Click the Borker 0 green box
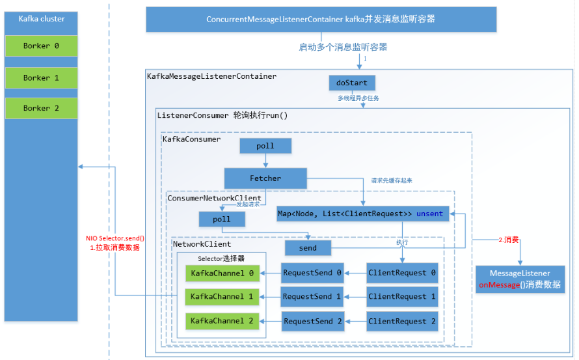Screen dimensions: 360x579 pyautogui.click(x=41, y=46)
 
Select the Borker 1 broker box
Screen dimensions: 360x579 pyautogui.click(x=41, y=77)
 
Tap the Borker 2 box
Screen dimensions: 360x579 pyautogui.click(x=41, y=108)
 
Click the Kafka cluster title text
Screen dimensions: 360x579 pyautogui.click(x=42, y=19)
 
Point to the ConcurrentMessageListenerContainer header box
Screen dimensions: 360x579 pyautogui.click(x=321, y=20)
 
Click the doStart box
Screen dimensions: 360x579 pyautogui.click(x=352, y=83)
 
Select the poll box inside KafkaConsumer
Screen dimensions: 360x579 pyautogui.click(x=265, y=146)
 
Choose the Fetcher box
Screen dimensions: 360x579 pyautogui.click(x=265, y=178)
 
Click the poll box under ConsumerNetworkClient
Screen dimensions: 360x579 pyautogui.click(x=222, y=219)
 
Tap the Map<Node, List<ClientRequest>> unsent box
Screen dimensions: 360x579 pyautogui.click(x=360, y=214)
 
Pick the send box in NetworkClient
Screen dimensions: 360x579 pyautogui.click(x=308, y=248)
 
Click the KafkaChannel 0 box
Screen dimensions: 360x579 pyautogui.click(x=222, y=273)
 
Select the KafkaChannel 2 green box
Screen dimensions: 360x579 pyautogui.click(x=222, y=321)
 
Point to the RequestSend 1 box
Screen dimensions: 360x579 pyautogui.click(x=312, y=297)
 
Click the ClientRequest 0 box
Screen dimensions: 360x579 pyautogui.click(x=402, y=273)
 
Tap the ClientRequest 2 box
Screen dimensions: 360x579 pyautogui.click(x=402, y=321)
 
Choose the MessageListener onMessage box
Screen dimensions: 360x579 pyautogui.click(x=520, y=279)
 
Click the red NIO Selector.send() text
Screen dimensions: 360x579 pyautogui.click(x=115, y=238)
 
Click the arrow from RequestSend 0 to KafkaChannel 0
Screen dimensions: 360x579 pyautogui.click(x=270, y=273)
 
